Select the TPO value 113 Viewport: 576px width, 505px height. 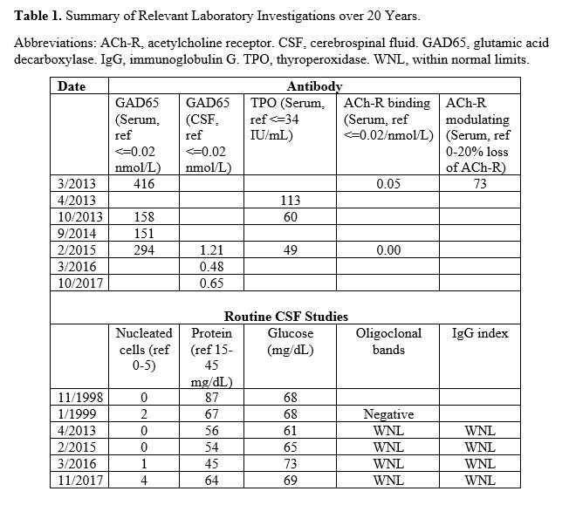click(x=290, y=201)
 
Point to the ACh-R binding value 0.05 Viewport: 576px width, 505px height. click(x=388, y=184)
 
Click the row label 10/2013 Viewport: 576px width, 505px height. click(x=81, y=217)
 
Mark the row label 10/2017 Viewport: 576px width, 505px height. click(x=81, y=283)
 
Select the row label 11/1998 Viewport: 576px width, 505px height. click(x=81, y=398)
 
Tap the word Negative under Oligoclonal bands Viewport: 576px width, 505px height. click(x=388, y=414)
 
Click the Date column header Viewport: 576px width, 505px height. click(x=72, y=86)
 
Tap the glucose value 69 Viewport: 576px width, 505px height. click(x=290, y=480)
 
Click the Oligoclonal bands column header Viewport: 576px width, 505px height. click(x=388, y=341)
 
